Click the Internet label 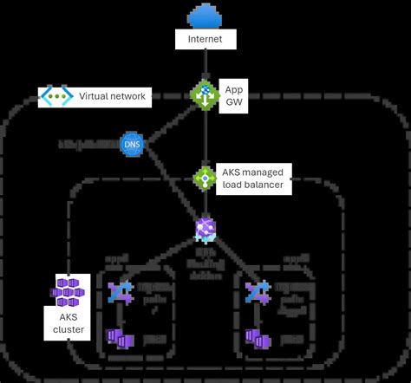[x=205, y=40]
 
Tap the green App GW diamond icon [x=205, y=94]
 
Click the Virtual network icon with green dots [x=55, y=97]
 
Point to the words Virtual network [x=112, y=97]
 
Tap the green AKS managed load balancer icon [x=205, y=178]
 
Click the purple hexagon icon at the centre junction [x=205, y=229]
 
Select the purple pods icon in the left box [x=118, y=336]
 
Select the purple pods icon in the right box [x=256, y=336]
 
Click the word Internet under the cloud [x=205, y=40]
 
